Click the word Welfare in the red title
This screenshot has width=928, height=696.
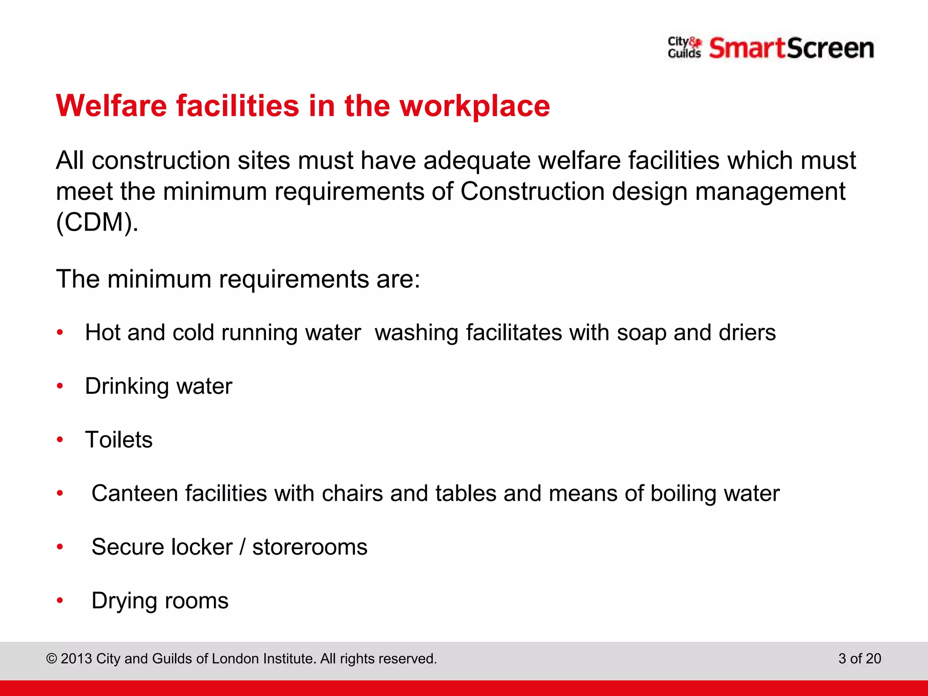[111, 106]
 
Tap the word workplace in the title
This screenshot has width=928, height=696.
[474, 106]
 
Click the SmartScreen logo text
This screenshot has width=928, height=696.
[791, 48]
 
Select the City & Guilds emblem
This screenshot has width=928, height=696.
[684, 48]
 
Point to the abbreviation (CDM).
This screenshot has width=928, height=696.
[97, 222]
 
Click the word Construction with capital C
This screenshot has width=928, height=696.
[532, 191]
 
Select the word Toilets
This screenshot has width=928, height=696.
[119, 440]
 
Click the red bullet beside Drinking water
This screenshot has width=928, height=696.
[60, 386]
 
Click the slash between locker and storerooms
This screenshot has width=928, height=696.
[242, 547]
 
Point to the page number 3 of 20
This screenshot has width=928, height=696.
[860, 658]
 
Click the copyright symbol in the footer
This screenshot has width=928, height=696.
[52, 659]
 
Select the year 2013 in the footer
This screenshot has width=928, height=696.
[77, 658]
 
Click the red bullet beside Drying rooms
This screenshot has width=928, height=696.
[60, 601]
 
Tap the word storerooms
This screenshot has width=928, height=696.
[309, 547]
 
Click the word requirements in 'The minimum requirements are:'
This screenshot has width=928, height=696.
[293, 279]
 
